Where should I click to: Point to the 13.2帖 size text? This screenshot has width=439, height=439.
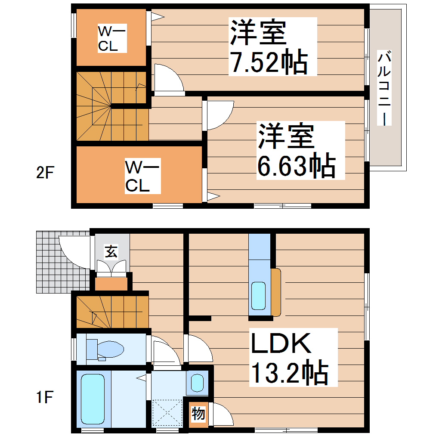[x=289, y=372]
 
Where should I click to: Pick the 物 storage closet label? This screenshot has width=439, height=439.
[x=198, y=414]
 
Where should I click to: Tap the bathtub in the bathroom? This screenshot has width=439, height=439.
[x=93, y=398]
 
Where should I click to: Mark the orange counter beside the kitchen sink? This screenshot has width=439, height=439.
[x=276, y=291]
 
